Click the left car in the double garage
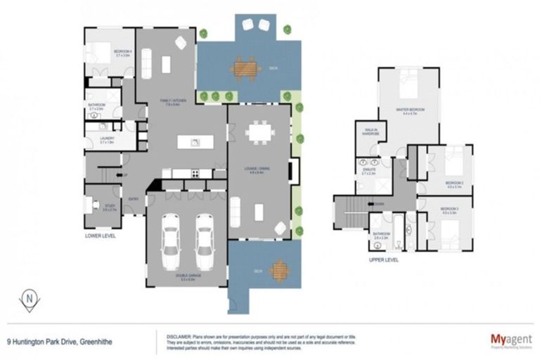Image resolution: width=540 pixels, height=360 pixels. point(171,241)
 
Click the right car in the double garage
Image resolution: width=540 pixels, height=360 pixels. point(205,241)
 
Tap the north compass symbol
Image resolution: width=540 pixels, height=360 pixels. point(29,300)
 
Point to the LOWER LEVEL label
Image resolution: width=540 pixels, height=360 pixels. point(100,236)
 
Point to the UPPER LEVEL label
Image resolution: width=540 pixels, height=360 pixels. point(383,259)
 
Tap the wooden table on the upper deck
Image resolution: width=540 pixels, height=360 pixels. point(246,68)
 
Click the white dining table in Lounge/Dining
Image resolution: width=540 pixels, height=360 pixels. point(259,131)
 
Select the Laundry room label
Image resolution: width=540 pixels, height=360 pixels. point(107,140)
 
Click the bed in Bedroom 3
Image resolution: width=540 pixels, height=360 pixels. point(451,231)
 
